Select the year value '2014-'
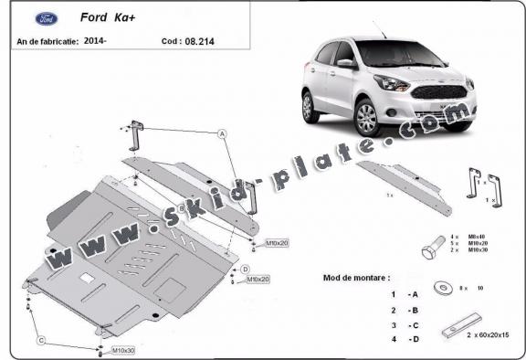pos(94,41)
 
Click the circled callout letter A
pos(222,133)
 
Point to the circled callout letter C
pos(40,341)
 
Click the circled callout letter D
pos(246,268)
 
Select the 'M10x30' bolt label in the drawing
pos(122,351)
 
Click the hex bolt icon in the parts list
pos(433,246)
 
